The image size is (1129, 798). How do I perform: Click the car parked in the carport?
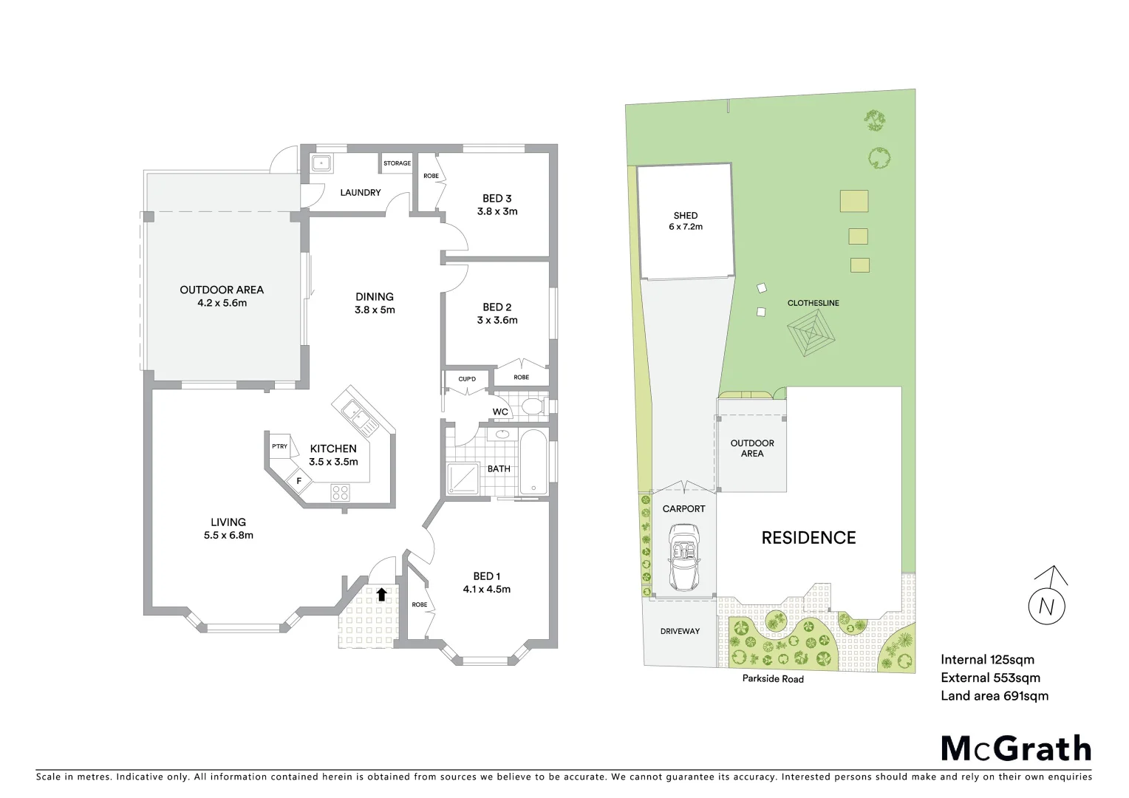(683, 558)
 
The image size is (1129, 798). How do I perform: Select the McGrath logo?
(1016, 748)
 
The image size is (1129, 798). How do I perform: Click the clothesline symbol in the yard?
(811, 333)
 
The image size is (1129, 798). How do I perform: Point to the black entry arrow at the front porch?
(381, 594)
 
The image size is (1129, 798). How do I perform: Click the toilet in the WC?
(531, 406)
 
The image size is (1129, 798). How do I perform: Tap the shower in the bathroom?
(463, 478)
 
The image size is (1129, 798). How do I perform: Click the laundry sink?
(321, 163)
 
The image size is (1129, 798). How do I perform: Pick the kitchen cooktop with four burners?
(340, 491)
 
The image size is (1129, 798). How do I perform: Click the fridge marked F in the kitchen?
(299, 481)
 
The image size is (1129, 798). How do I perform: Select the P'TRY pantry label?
(279, 446)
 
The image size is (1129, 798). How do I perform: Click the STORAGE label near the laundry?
(397, 163)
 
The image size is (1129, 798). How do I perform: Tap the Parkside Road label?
(773, 678)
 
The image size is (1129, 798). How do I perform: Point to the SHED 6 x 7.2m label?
(686, 221)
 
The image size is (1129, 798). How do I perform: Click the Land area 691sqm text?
(994, 695)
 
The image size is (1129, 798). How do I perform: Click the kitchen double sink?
(359, 417)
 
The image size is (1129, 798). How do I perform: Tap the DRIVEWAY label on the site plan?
(680, 631)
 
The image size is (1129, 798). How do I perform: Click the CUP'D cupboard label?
(467, 379)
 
